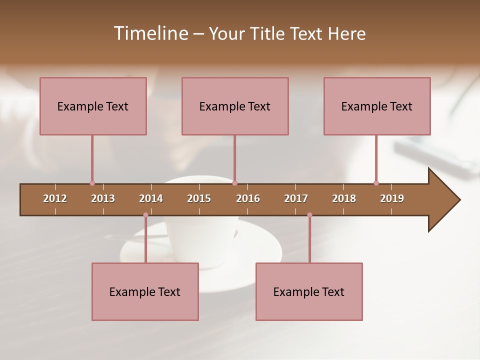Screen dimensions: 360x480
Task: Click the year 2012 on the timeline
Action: click(55, 198)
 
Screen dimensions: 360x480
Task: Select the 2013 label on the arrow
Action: click(103, 198)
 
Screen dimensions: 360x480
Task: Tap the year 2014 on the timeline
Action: click(151, 198)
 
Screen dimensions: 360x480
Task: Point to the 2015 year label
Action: click(199, 198)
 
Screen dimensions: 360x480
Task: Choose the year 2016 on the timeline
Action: click(248, 198)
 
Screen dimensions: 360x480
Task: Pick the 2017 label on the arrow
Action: click(296, 198)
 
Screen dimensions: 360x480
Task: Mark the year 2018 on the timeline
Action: click(344, 198)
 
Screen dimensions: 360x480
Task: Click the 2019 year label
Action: click(392, 198)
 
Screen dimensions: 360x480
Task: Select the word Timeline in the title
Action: click(150, 33)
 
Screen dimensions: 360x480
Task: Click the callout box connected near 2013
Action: click(93, 106)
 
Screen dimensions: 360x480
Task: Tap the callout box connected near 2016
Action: click(235, 106)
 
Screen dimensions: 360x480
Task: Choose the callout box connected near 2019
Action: click(377, 106)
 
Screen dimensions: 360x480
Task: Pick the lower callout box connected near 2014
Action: click(145, 291)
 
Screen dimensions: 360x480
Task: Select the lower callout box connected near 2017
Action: click(309, 291)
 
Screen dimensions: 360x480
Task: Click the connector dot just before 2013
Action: click(92, 183)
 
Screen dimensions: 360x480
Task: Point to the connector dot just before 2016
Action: click(234, 183)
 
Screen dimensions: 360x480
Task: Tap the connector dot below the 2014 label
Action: click(145, 215)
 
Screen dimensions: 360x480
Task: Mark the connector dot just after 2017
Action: click(309, 215)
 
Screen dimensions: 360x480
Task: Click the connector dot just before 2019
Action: click(376, 183)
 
